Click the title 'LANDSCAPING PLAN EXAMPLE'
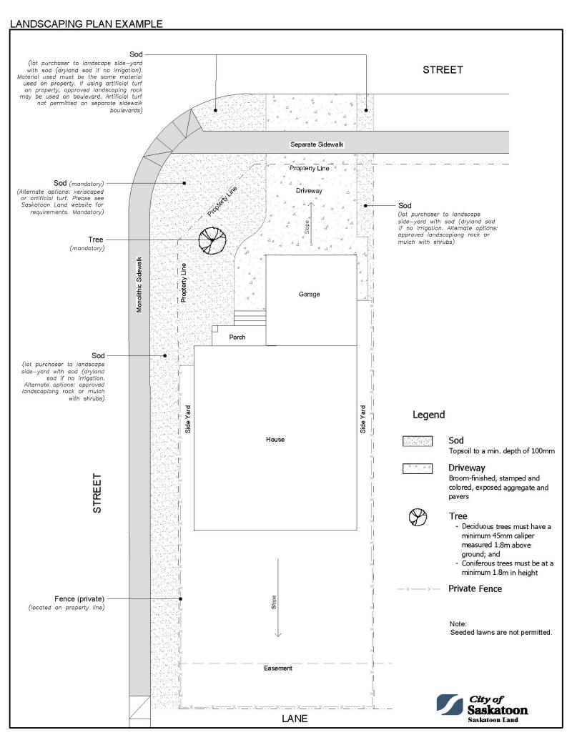[x=86, y=24]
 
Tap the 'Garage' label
[x=309, y=294]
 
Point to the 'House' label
[x=275, y=439]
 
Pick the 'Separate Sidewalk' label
[x=317, y=144]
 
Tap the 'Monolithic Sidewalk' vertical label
[x=139, y=284]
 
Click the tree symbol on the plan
[x=211, y=241]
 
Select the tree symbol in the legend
[x=418, y=518]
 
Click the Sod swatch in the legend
[x=418, y=442]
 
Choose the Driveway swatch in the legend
[x=418, y=469]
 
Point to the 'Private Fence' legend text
[x=475, y=588]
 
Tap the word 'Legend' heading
[x=428, y=415]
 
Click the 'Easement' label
[x=277, y=668]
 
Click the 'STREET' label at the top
[x=443, y=70]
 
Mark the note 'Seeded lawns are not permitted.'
[x=500, y=633]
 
